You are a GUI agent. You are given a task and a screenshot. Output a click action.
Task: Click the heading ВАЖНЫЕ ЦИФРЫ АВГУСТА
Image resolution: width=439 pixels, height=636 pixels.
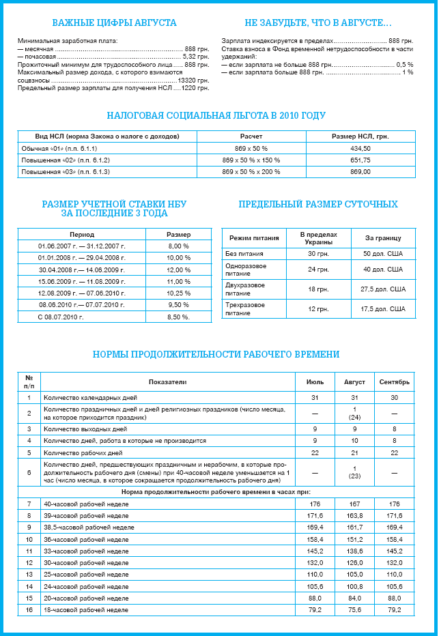(x=114, y=23)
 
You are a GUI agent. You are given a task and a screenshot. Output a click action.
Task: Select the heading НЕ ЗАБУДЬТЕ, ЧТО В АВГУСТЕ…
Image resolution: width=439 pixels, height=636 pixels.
(x=317, y=23)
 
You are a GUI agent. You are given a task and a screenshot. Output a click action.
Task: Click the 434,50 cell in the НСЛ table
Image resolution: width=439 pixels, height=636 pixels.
(x=360, y=148)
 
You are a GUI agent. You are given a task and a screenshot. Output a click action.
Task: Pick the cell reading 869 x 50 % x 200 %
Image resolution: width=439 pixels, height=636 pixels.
(x=251, y=171)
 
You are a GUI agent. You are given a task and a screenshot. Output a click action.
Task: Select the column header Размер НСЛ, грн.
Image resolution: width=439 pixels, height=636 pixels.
(x=360, y=136)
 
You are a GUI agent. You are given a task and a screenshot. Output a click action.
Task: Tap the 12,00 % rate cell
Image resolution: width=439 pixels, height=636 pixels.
(x=179, y=270)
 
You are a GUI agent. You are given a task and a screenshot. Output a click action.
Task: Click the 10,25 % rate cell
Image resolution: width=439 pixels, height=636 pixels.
(x=179, y=293)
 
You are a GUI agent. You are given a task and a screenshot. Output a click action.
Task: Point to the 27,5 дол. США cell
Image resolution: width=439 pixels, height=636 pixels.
(x=383, y=289)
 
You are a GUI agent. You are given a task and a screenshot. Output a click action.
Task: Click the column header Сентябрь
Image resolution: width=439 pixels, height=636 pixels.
(x=394, y=381)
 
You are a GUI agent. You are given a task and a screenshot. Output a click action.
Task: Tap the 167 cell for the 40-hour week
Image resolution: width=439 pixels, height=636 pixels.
(x=354, y=504)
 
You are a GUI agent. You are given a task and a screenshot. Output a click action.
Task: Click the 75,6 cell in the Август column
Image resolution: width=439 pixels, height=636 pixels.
(x=354, y=609)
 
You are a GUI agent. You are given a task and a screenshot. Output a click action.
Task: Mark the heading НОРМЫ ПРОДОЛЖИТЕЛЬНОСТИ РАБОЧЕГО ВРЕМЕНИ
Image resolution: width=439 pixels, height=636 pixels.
(x=216, y=354)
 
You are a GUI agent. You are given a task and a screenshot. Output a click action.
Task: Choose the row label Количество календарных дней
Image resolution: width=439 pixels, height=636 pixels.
(x=89, y=396)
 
